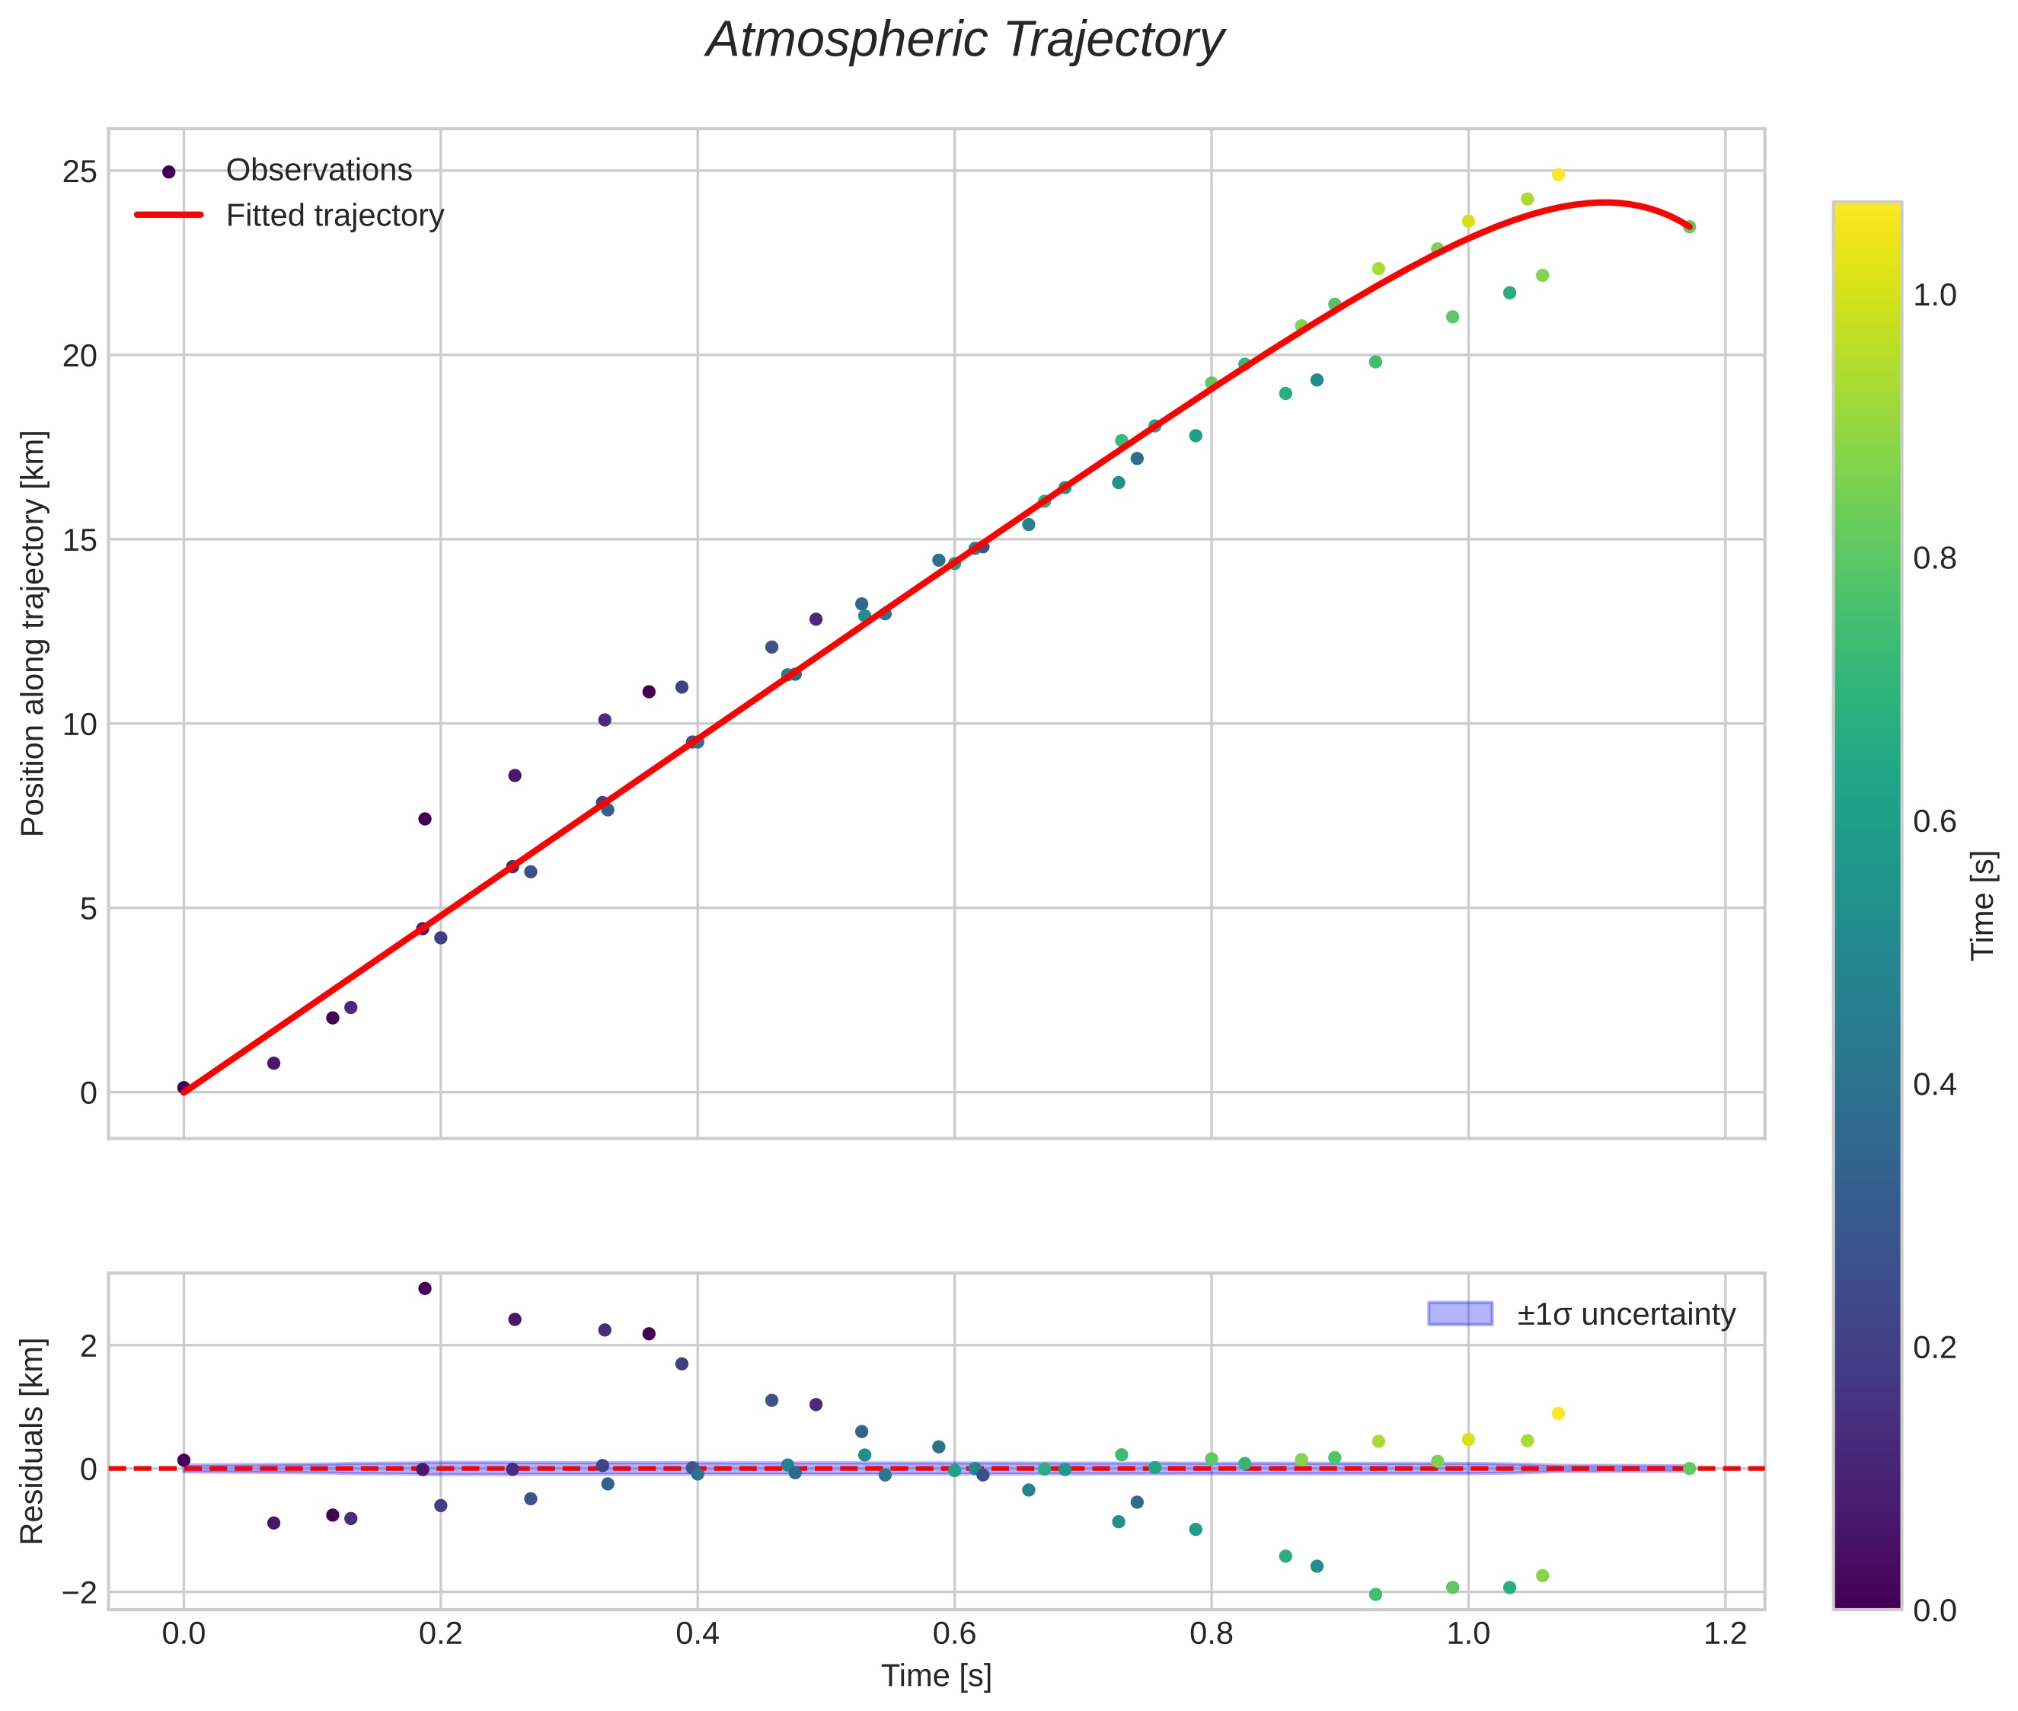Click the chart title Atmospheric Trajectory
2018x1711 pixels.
tap(965, 40)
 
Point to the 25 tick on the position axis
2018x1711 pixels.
tap(81, 171)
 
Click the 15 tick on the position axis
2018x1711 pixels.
tap(81, 540)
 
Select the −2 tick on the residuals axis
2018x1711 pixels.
tap(78, 1593)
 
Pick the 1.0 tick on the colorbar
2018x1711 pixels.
tap(1933, 296)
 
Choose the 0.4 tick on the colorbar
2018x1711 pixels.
tap(1933, 1084)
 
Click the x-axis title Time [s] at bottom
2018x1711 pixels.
tap(936, 1676)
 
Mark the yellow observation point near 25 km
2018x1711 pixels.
tap(1558, 174)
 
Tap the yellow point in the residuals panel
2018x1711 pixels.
tap(1558, 1413)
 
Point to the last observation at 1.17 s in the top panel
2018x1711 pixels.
tap(1689, 227)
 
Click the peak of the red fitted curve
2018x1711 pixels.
tap(1605, 202)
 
